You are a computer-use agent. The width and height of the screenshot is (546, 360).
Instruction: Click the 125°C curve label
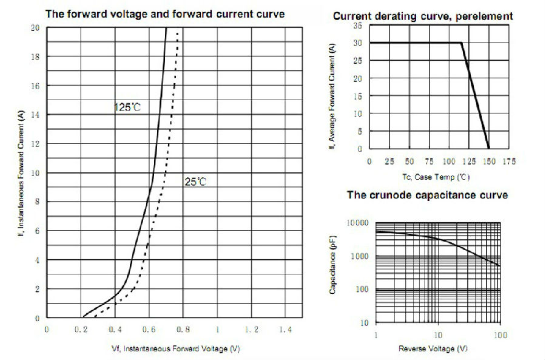(x=127, y=107)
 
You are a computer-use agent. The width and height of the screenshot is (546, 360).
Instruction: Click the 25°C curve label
(x=195, y=182)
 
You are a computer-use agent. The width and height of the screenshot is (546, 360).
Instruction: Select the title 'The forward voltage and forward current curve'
(x=165, y=13)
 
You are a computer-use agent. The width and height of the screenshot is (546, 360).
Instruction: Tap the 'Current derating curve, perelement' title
(x=423, y=16)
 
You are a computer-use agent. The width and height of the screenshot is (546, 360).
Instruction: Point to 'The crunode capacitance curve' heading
(x=427, y=195)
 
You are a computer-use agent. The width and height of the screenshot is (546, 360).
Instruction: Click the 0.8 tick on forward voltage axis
(x=183, y=329)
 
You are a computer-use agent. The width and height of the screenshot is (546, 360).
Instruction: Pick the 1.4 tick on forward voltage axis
(x=285, y=329)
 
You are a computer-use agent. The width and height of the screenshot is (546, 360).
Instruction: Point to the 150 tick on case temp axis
(x=489, y=162)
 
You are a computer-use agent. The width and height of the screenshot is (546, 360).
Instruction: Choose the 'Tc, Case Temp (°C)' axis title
(x=436, y=177)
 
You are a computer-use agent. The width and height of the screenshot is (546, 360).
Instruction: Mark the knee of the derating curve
(x=462, y=42)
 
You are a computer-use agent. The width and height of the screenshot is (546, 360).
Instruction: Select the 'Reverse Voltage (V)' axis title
(x=433, y=349)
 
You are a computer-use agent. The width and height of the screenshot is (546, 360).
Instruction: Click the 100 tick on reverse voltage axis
(x=499, y=336)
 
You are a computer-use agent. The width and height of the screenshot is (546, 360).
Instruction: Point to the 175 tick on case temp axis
(x=509, y=162)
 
